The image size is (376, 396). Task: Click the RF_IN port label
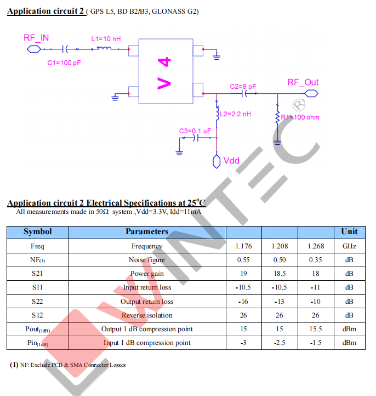tap(36, 38)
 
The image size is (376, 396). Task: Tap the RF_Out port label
tap(303, 82)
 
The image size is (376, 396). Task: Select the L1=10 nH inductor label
tap(105, 39)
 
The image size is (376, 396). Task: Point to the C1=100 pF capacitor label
tap(64, 63)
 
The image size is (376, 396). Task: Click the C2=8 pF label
tap(243, 87)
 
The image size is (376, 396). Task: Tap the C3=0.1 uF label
tap(195, 131)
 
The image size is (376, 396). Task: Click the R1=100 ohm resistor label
tap(300, 117)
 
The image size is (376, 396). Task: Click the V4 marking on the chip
tap(165, 71)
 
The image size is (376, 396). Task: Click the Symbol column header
tap(38, 232)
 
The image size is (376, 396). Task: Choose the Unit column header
tap(349, 232)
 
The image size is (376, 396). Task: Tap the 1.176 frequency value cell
tap(244, 246)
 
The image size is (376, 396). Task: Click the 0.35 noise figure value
tap(316, 260)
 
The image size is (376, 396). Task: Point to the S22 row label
tap(38, 301)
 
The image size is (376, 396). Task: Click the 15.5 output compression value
tap(316, 329)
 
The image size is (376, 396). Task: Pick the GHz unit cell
tap(349, 246)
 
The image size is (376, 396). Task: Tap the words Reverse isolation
tap(147, 315)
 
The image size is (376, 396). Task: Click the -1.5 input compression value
tap(316, 343)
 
